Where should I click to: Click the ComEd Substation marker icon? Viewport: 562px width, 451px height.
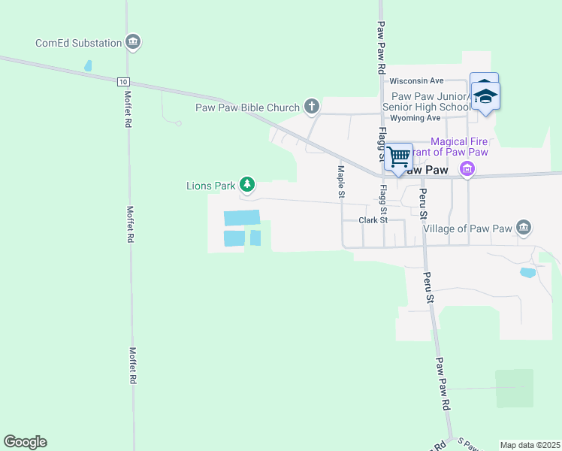tap(133, 41)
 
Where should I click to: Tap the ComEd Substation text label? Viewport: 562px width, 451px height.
tap(78, 43)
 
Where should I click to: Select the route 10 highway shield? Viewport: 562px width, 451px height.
tap(123, 81)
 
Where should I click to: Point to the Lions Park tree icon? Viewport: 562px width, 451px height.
tap(246, 184)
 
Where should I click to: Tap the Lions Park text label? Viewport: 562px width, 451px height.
tap(210, 185)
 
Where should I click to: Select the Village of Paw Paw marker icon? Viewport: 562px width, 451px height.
tap(524, 227)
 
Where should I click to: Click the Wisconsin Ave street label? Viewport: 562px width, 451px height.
tap(416, 80)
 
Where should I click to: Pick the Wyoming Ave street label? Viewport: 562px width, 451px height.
tap(415, 118)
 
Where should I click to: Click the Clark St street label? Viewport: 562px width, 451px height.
tap(373, 220)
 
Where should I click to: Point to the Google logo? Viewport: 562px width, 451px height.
tap(25, 442)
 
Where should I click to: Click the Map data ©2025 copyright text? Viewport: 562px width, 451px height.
tap(530, 445)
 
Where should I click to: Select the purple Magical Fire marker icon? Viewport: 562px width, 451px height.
tap(467, 169)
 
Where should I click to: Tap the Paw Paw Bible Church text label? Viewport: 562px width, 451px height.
tap(247, 107)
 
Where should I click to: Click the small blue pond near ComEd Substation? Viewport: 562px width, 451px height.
tap(88, 66)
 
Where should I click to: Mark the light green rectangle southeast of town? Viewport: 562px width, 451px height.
tap(514, 388)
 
